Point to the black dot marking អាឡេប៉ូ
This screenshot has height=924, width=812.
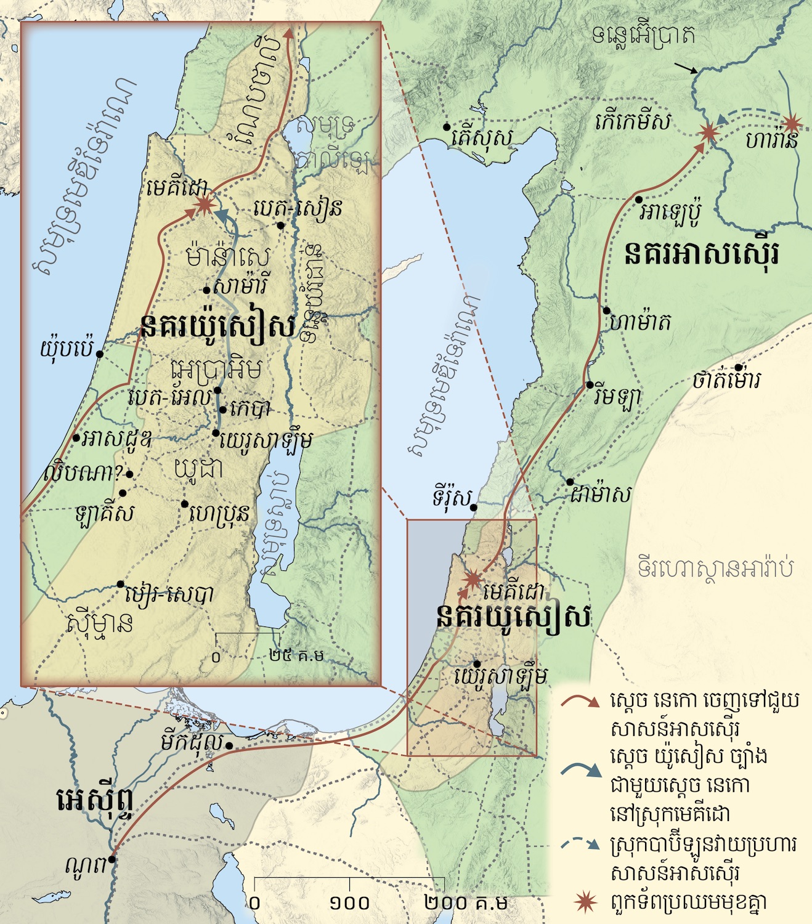coord(639,200)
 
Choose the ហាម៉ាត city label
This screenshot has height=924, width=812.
coord(641,322)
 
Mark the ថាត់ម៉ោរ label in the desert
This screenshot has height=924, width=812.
coord(726,379)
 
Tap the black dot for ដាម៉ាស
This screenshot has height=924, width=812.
coord(570,482)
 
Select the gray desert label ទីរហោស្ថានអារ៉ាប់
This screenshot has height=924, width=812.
coord(715,567)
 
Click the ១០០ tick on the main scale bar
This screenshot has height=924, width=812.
coord(349,903)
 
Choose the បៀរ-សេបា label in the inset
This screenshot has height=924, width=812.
coord(169,594)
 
